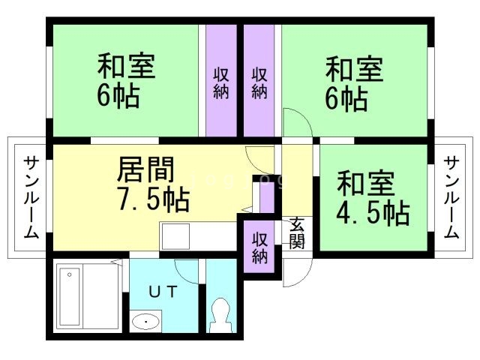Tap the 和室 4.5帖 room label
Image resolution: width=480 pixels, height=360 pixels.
(x=372, y=199)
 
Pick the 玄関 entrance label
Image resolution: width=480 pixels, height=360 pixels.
(x=297, y=232)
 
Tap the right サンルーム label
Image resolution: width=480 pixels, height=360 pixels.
(x=451, y=197)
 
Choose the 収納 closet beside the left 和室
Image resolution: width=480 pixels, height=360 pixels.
(x=220, y=83)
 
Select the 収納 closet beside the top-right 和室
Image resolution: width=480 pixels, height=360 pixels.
(x=259, y=83)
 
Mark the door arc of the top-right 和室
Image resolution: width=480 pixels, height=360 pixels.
(x=295, y=122)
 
